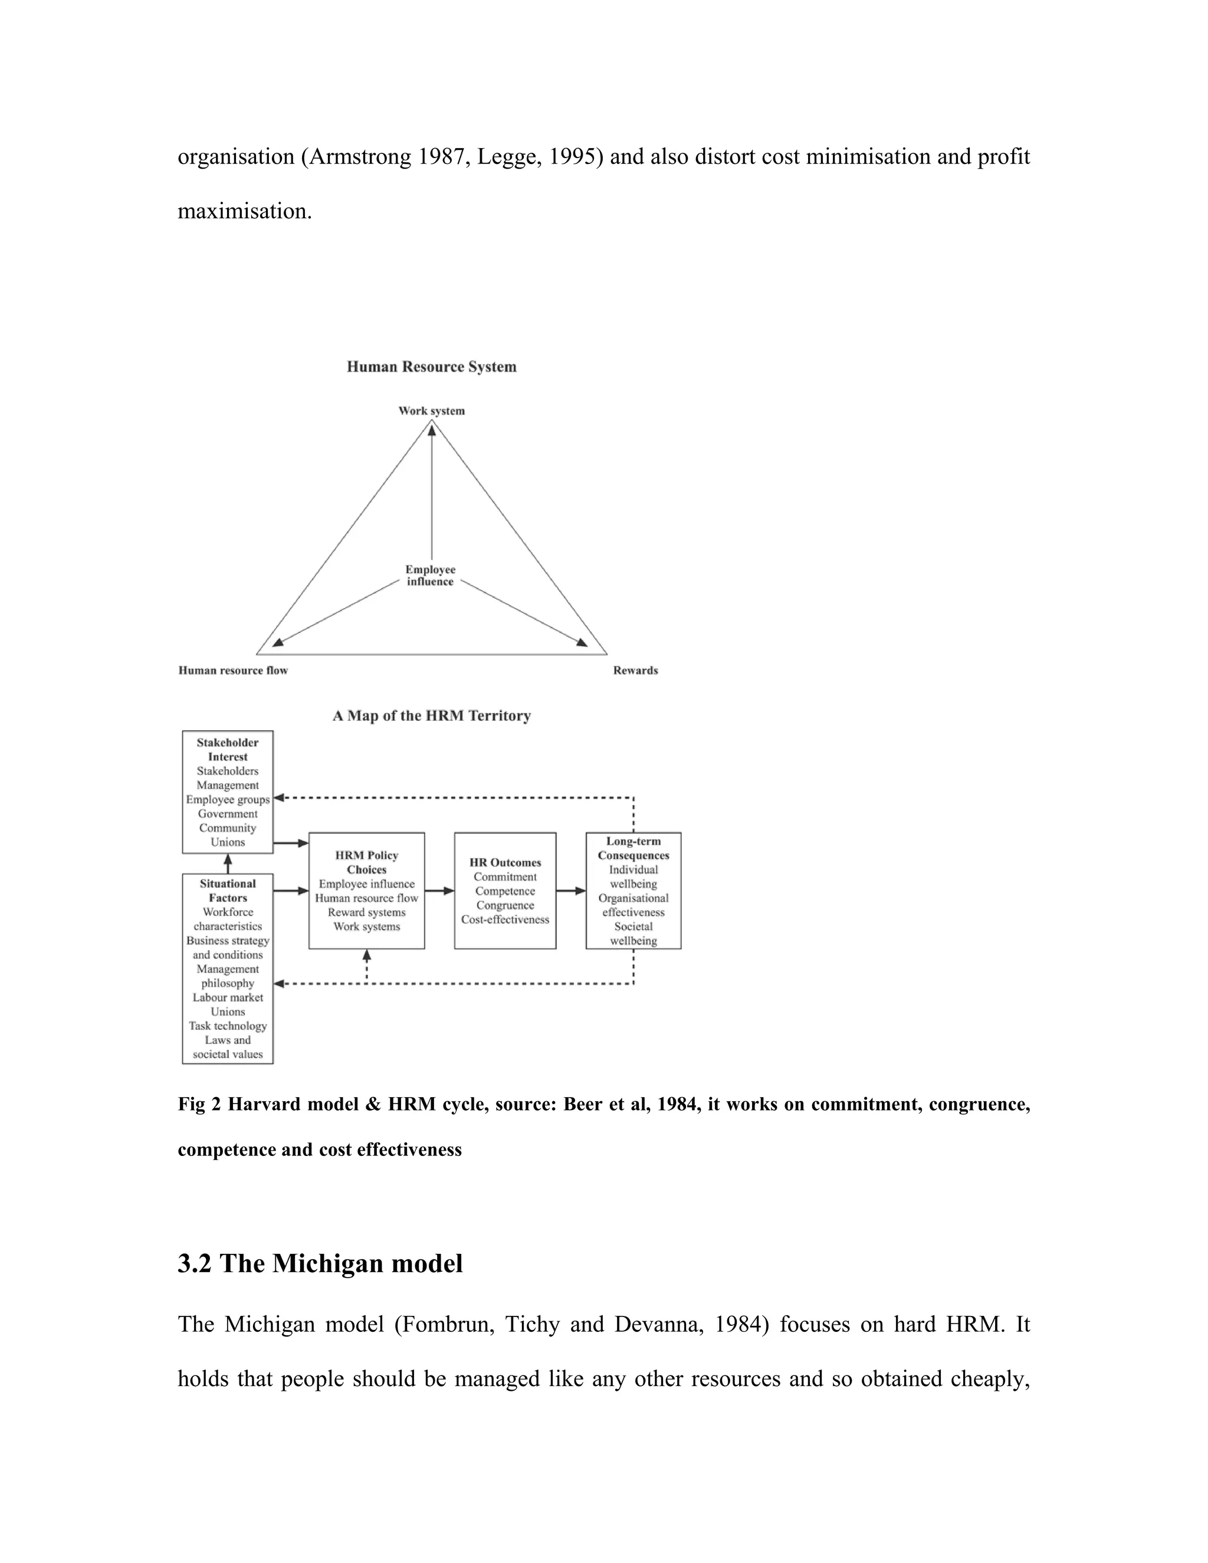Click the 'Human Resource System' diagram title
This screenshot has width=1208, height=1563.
[432, 367]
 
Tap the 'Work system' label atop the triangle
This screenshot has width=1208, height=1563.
[432, 411]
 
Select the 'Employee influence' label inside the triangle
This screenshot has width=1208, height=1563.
[430, 576]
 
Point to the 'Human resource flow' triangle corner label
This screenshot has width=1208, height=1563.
[232, 671]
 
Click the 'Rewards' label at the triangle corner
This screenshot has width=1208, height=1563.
[635, 671]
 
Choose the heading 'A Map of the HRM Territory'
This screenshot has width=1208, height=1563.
[432, 715]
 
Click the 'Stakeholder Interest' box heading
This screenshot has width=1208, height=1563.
[228, 749]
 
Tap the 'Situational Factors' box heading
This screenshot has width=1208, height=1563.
[228, 891]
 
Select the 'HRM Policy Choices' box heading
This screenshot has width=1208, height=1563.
[366, 862]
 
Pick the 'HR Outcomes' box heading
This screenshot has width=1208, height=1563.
[505, 862]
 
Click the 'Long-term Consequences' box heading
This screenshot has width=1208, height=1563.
[633, 848]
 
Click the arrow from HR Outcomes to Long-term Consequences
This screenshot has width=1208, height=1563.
[570, 891]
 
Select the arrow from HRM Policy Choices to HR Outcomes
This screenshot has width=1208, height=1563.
[439, 891]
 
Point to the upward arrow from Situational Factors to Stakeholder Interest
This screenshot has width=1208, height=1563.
[228, 864]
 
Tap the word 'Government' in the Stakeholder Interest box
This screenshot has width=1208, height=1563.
[228, 814]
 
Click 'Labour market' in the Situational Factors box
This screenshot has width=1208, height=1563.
[228, 997]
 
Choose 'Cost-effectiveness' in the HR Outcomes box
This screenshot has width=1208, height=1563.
[505, 920]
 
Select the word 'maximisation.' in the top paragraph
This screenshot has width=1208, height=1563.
[245, 211]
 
